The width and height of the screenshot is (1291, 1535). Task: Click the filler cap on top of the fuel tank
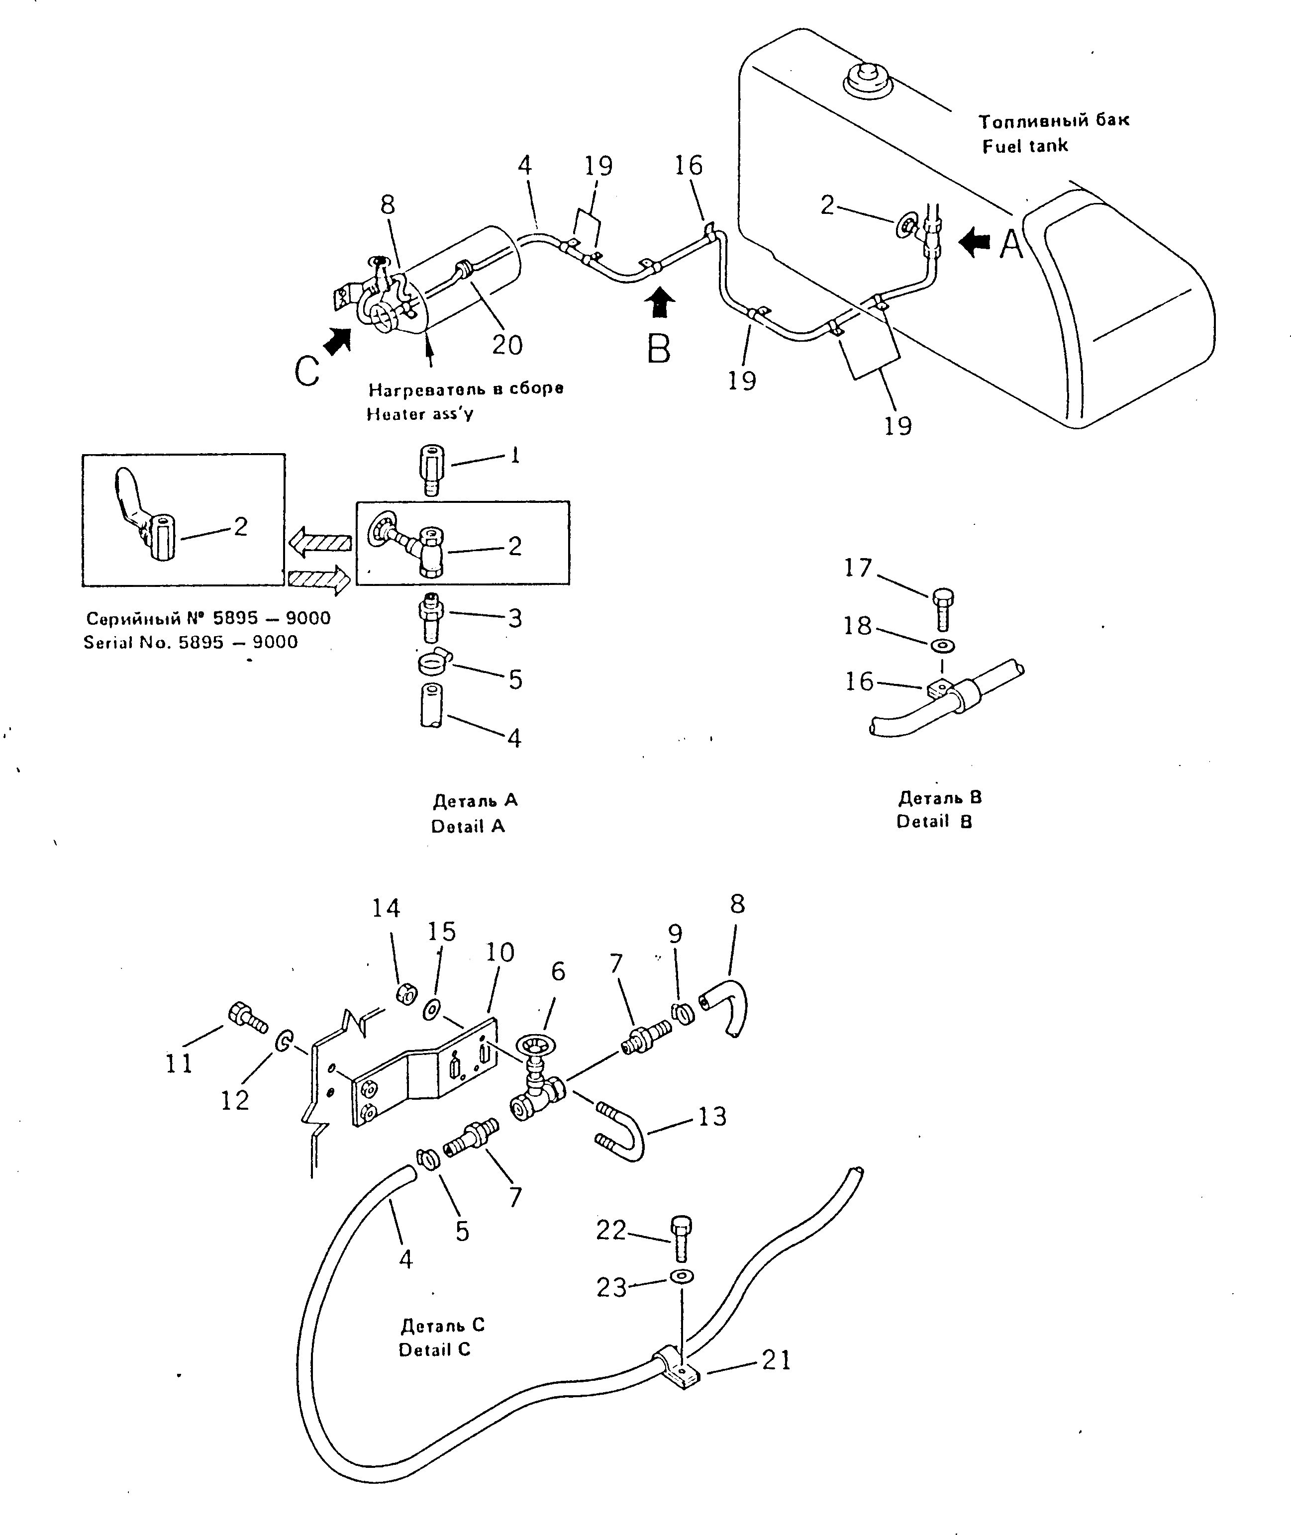867,79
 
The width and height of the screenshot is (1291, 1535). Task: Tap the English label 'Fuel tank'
1025,146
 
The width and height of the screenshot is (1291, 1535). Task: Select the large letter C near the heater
307,372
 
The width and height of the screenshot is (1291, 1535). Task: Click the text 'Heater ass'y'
420,414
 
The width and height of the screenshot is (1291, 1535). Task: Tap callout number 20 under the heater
507,344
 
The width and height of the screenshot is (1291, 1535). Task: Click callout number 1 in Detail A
515,455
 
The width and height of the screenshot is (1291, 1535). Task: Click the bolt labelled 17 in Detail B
943,608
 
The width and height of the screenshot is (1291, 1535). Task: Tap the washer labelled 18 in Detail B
941,647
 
